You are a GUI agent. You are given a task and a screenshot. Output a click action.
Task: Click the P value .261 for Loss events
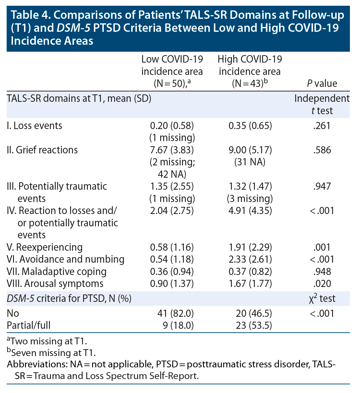322,125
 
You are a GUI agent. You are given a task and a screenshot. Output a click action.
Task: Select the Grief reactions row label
42,150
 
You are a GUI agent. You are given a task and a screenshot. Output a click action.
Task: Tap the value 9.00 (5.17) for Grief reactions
250,150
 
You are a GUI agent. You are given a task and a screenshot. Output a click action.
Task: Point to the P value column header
322,83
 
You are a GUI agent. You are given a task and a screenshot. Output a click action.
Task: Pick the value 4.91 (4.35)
250,211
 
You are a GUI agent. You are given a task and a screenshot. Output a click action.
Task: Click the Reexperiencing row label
44,247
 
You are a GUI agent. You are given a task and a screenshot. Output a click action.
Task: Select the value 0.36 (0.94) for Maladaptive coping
172,271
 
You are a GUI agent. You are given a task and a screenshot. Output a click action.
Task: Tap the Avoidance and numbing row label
65,259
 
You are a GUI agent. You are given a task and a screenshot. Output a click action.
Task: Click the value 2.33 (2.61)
250,259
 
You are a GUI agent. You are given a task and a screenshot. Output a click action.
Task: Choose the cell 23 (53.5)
254,325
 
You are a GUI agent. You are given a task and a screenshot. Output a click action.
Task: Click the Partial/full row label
29,325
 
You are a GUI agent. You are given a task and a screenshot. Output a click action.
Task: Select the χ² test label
322,298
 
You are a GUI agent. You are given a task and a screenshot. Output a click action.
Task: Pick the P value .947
322,186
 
